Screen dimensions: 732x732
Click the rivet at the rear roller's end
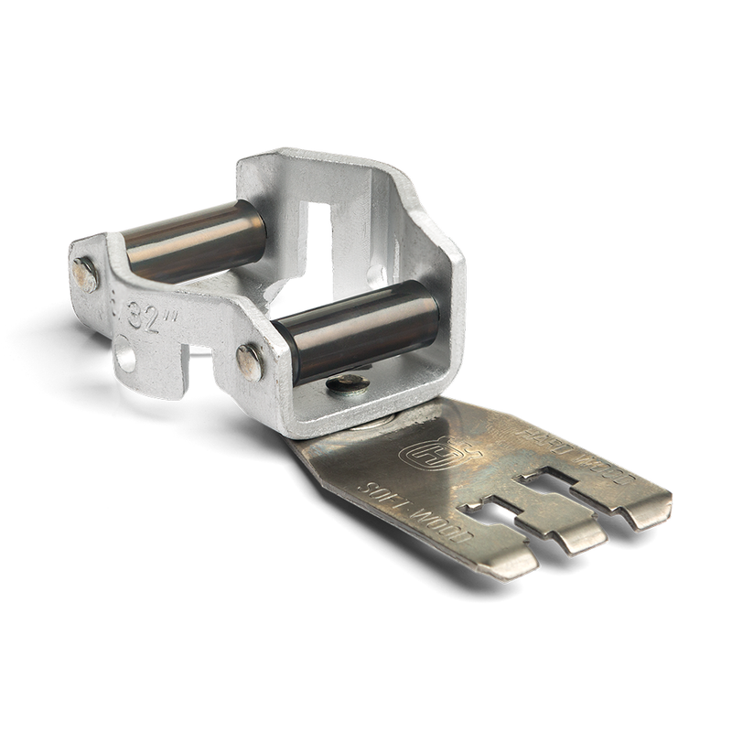point(85,274)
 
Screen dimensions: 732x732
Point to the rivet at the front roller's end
point(250,361)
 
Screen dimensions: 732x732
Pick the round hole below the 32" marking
point(124,353)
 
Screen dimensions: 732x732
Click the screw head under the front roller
point(349,383)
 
